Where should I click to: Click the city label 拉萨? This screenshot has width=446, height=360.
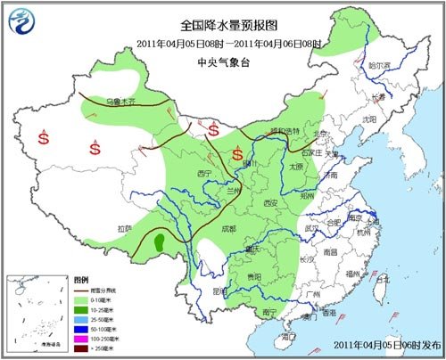click(125, 229)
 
